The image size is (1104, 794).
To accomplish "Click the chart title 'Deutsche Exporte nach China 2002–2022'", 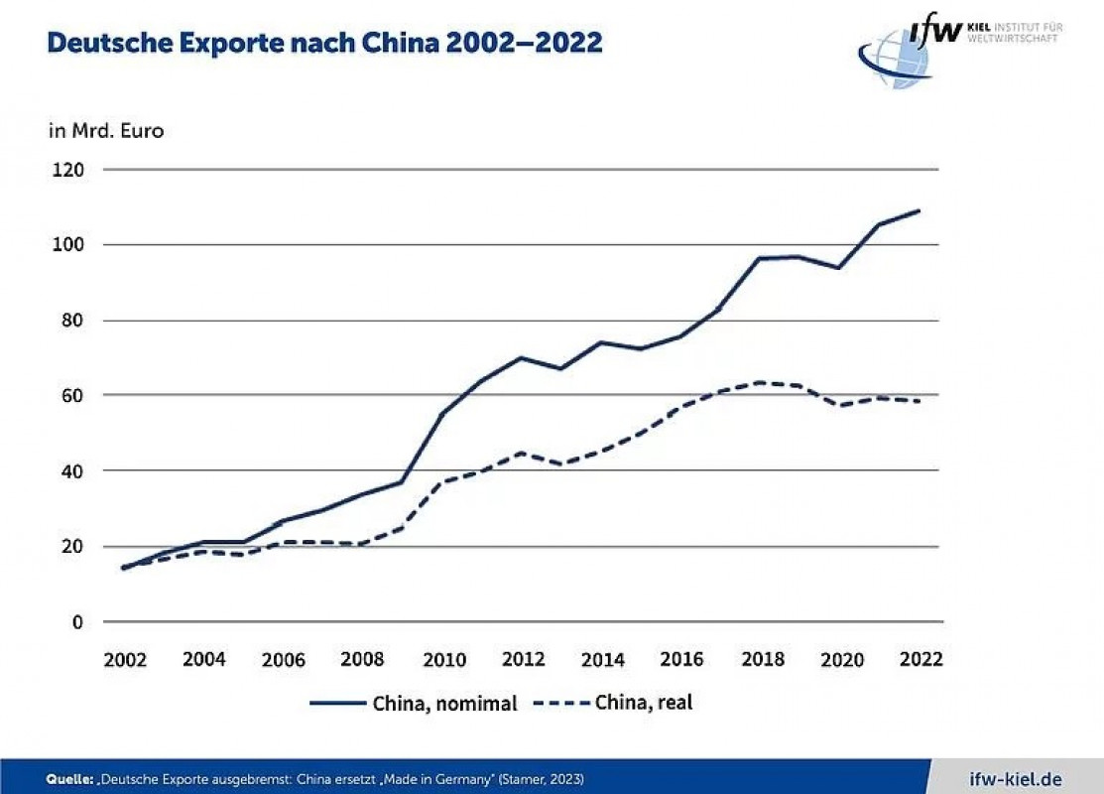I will tap(325, 43).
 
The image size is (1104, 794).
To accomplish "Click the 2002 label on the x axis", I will tap(125, 660).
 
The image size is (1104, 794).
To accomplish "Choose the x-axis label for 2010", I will tap(444, 660).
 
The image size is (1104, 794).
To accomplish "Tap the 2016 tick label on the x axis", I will tap(683, 660).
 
